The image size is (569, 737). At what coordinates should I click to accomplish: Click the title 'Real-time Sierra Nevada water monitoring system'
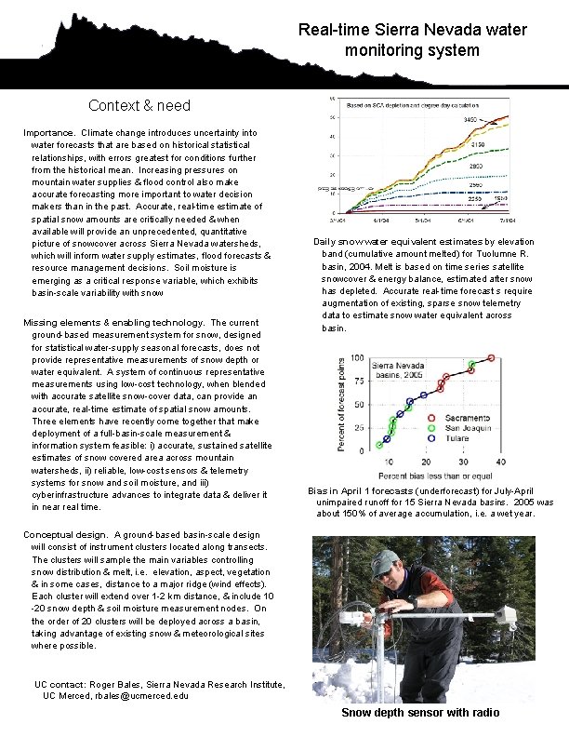click(x=412, y=40)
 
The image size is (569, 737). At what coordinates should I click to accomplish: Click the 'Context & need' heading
click(x=139, y=105)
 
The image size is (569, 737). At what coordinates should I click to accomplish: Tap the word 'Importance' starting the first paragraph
click(x=48, y=133)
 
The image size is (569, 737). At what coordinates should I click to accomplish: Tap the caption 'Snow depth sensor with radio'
click(x=420, y=713)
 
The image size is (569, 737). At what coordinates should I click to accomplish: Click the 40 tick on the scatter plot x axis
click(x=500, y=462)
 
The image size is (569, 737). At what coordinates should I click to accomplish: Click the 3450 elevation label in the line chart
click(x=471, y=121)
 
